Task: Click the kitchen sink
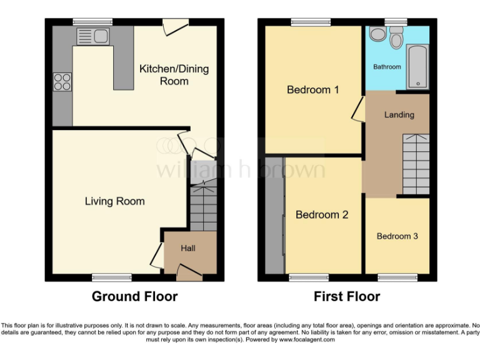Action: (92, 36)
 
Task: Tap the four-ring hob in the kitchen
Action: (62, 82)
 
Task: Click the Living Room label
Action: (114, 201)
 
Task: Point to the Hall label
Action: (188, 248)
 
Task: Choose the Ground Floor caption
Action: (134, 296)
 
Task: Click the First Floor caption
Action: (347, 296)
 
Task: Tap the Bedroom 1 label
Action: (312, 90)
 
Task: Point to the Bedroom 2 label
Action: (321, 215)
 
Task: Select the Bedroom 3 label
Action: (397, 236)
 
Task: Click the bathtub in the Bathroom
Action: (417, 66)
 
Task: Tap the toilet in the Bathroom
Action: (396, 38)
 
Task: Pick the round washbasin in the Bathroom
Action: (377, 34)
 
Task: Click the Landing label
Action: (399, 114)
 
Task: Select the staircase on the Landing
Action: (415, 164)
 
